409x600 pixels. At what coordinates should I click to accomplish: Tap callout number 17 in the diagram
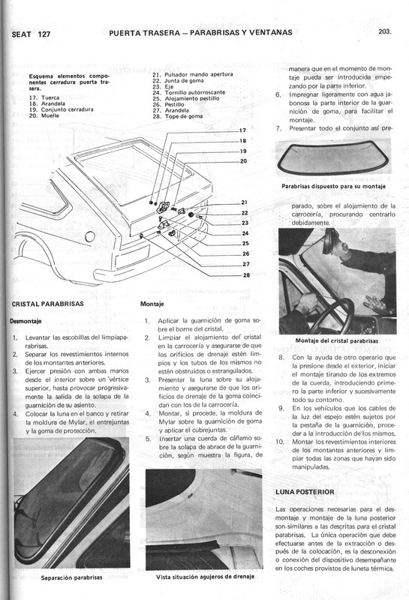click(242, 130)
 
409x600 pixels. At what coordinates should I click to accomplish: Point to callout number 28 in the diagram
click(245, 274)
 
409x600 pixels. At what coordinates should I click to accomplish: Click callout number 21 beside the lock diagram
click(245, 202)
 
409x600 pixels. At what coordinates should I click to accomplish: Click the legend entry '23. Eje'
click(164, 86)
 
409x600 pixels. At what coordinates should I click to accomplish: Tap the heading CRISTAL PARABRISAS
click(48, 304)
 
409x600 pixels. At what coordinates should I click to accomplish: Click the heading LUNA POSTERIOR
click(304, 492)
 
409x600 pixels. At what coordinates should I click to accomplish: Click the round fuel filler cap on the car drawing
click(90, 237)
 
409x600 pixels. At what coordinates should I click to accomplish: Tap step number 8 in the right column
click(280, 358)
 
